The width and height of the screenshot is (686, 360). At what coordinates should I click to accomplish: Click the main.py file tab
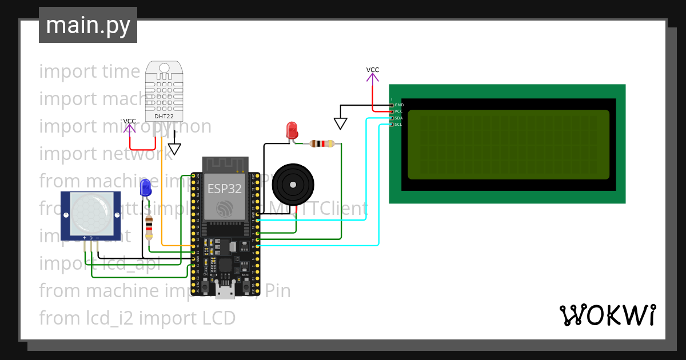87,25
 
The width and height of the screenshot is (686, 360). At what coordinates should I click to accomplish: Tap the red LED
292,129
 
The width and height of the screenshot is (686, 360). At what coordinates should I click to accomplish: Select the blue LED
145,186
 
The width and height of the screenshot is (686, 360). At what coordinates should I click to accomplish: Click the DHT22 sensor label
163,116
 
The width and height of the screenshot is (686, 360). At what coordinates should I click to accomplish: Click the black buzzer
293,184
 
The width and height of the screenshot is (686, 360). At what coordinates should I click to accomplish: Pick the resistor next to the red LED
321,144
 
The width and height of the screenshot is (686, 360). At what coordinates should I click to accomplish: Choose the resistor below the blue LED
149,227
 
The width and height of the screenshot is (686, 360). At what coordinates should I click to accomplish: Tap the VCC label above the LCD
373,70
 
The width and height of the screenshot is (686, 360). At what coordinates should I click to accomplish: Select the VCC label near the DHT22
130,121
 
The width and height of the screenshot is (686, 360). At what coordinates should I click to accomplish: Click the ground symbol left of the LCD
340,123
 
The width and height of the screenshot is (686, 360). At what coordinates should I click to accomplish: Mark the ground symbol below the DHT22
174,149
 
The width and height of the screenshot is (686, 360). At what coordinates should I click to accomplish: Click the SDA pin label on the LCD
398,118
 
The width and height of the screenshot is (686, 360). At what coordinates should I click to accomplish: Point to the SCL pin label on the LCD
398,124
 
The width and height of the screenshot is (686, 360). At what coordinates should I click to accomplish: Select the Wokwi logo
607,315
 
